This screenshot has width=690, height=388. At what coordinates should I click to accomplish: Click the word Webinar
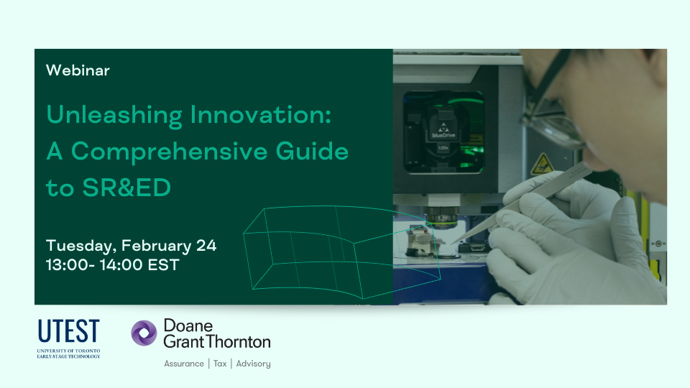[x=78, y=70]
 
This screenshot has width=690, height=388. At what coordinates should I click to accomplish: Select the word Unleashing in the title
[x=114, y=116]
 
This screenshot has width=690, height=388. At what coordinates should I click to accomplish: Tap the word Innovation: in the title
[x=260, y=115]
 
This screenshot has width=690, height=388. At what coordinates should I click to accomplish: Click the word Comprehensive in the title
[x=170, y=152]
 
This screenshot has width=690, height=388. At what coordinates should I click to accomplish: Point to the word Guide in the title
[x=312, y=151]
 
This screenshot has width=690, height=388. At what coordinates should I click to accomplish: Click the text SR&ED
[x=126, y=188]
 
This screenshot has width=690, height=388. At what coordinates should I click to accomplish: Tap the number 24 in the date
[x=206, y=246]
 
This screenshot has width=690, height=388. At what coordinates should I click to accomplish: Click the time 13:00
[x=67, y=265]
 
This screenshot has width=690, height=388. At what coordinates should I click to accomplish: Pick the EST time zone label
[x=163, y=265]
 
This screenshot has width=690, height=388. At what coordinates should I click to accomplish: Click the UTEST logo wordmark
[x=69, y=331]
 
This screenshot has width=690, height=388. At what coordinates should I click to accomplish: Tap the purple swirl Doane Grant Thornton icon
[x=144, y=333]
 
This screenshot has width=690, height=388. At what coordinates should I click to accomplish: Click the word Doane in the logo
[x=188, y=325]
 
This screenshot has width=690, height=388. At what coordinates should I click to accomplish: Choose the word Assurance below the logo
[x=184, y=364]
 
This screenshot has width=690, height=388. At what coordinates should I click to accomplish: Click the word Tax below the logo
[x=220, y=364]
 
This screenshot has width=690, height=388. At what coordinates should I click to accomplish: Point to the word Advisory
[x=254, y=364]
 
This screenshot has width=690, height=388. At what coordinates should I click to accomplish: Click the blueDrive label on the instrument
[x=443, y=135]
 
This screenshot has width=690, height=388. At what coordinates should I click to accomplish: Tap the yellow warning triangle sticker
[x=542, y=164]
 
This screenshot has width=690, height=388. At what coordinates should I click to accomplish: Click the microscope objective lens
[x=442, y=217]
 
